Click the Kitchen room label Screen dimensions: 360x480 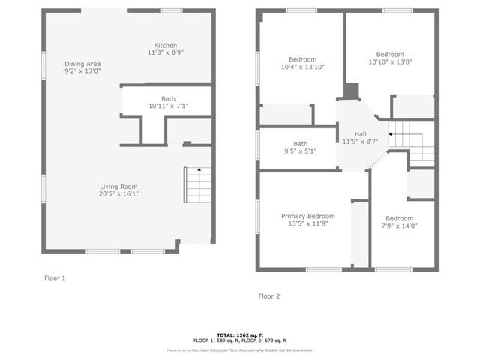point(166,45)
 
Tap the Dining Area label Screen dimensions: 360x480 point(82,63)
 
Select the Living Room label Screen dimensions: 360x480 point(118,186)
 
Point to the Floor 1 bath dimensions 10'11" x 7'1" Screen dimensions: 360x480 point(168,106)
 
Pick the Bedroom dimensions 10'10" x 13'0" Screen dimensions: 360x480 point(390,62)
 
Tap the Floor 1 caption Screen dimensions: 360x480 point(55,277)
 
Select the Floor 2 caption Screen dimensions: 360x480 point(269,295)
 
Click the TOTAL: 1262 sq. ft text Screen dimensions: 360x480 point(240,334)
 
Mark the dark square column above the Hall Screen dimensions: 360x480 point(352,89)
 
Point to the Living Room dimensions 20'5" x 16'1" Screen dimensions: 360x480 point(118,193)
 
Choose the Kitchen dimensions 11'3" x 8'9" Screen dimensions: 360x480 point(166,52)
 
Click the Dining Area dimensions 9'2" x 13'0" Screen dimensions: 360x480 point(82,70)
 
